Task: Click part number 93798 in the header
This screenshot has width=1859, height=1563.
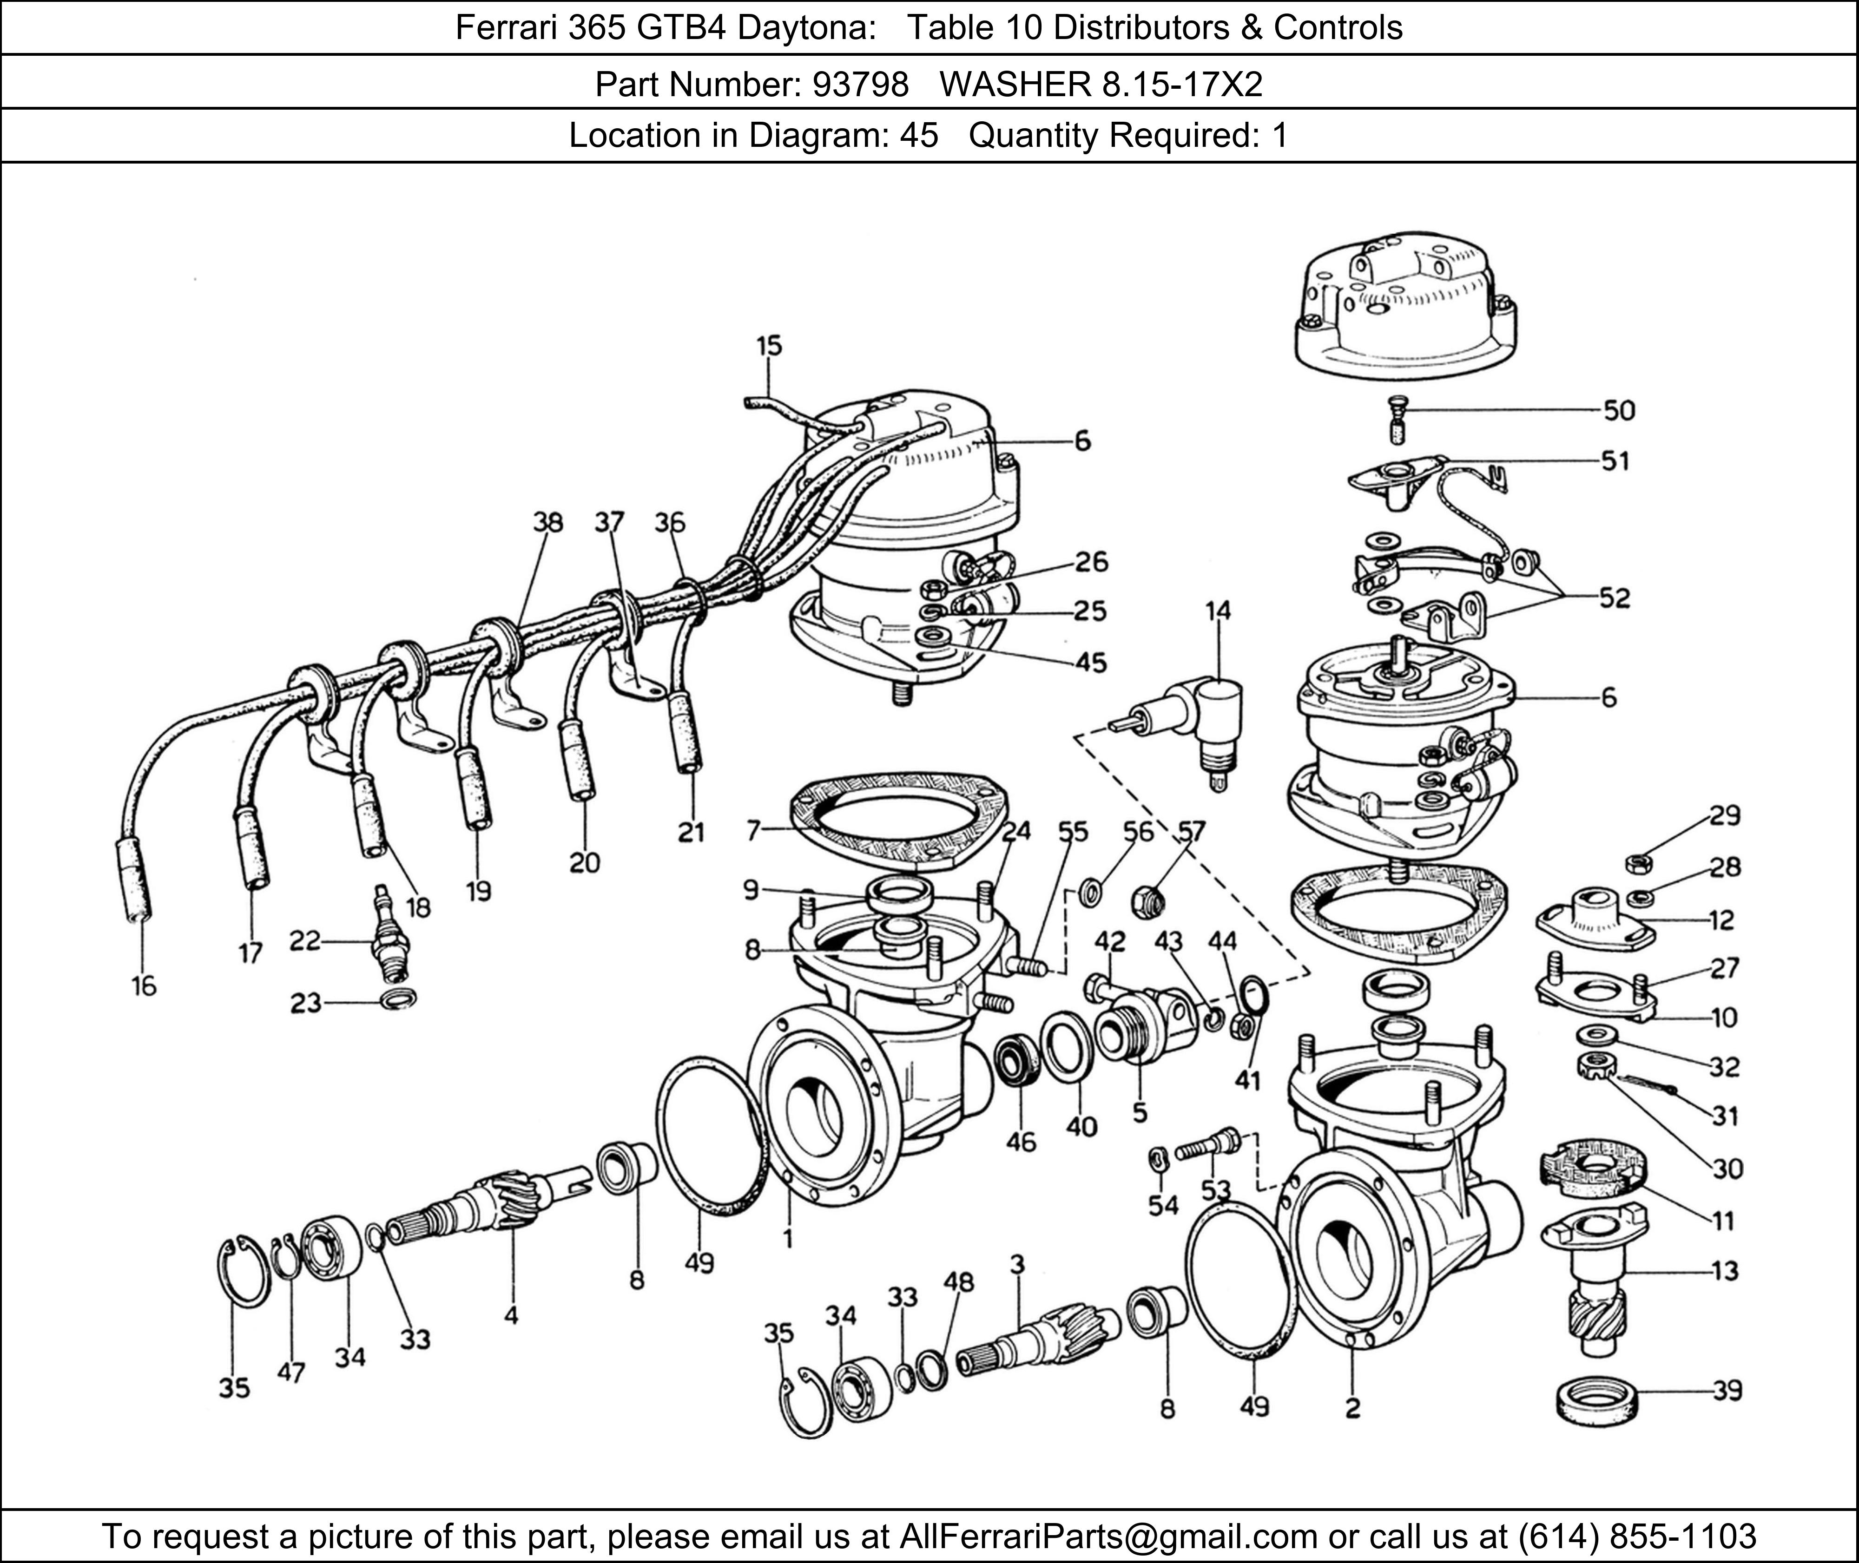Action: click(859, 84)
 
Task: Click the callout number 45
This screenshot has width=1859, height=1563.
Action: click(1091, 662)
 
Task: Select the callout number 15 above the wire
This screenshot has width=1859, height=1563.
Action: click(769, 346)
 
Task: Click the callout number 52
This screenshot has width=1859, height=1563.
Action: click(1615, 598)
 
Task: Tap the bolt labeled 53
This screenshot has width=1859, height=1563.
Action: click(1207, 1149)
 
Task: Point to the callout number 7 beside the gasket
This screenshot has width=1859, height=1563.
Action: click(753, 830)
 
